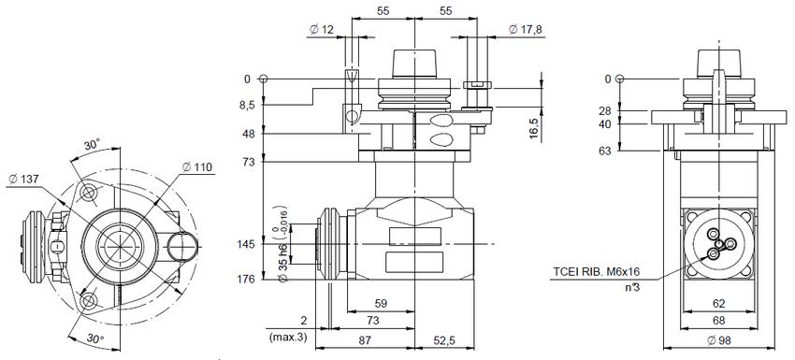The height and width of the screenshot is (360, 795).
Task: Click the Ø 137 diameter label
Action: [23, 179]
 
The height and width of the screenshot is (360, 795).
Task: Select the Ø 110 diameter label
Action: [196, 166]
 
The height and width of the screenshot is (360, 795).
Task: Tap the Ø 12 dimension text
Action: [322, 30]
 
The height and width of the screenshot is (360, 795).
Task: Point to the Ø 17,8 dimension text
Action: [526, 30]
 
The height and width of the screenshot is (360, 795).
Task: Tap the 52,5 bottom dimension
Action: [444, 339]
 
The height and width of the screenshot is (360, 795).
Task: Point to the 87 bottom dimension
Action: [365, 339]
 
